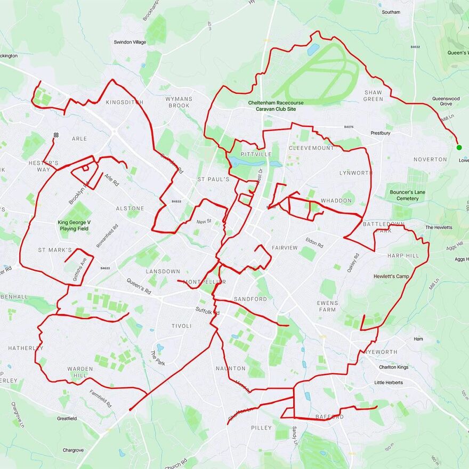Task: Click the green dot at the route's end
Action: [x=459, y=147]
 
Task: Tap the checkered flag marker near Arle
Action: [x=56, y=135]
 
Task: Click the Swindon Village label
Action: [x=130, y=42]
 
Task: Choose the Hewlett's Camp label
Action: [x=391, y=277]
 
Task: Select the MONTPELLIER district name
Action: [x=204, y=281]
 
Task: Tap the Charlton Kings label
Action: [x=394, y=367]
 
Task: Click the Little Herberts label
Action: [x=389, y=383]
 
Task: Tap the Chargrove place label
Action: [x=73, y=450]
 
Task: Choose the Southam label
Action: [x=391, y=12]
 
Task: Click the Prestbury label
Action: [x=381, y=133]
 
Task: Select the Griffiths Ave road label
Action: [x=79, y=270]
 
